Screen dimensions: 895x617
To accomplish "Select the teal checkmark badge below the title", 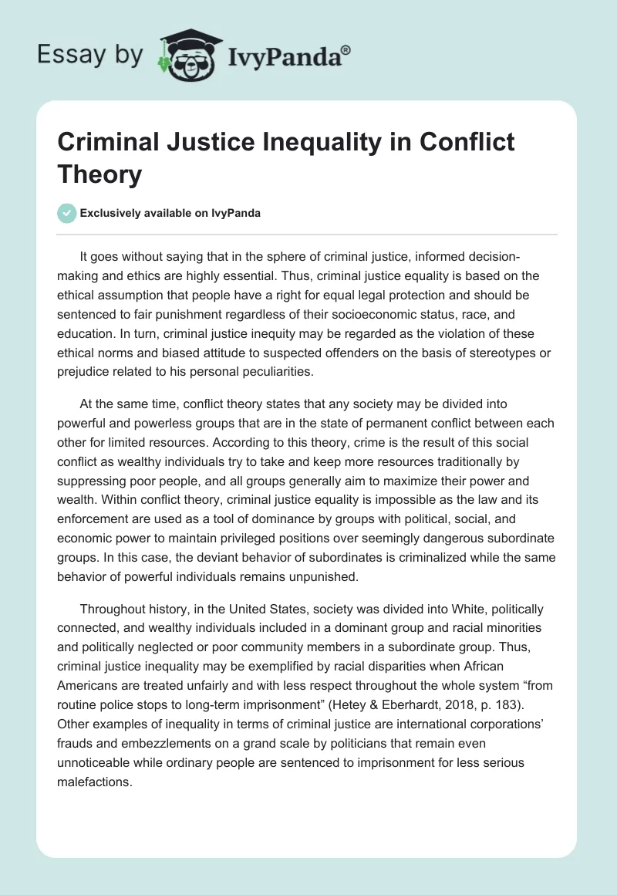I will (x=67, y=213).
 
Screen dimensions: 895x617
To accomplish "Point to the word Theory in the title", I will (x=99, y=174).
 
